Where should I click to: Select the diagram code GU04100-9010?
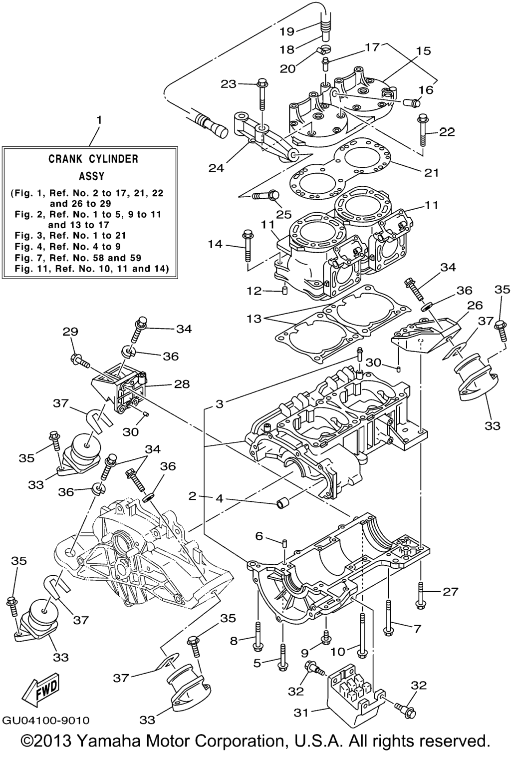pos(46,720)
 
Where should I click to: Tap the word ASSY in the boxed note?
pos(92,176)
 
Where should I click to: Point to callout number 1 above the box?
pos(99,120)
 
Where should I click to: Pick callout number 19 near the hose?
pos(287,31)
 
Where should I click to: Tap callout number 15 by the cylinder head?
pos(423,51)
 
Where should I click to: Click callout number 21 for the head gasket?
pos(431,172)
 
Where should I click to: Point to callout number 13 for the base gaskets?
pos(254,318)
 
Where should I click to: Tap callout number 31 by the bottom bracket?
pos(301,713)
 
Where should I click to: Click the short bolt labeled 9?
pos(326,637)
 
